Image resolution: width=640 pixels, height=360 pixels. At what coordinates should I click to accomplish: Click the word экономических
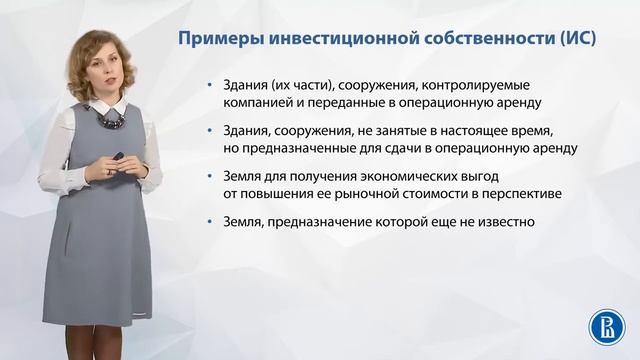(403, 178)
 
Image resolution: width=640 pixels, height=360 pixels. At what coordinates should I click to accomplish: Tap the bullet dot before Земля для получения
(210, 179)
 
